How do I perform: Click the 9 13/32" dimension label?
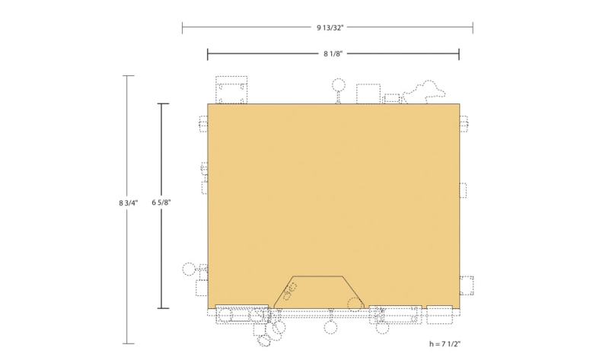point(330,27)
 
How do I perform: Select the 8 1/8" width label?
point(333,54)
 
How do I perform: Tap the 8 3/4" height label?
point(128,202)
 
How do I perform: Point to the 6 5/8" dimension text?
point(161,202)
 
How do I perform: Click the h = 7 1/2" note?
point(445,344)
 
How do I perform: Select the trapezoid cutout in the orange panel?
point(318,292)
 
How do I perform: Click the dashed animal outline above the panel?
point(424,92)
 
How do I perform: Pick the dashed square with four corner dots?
point(231,90)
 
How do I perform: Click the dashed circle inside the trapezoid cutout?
point(355,304)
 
